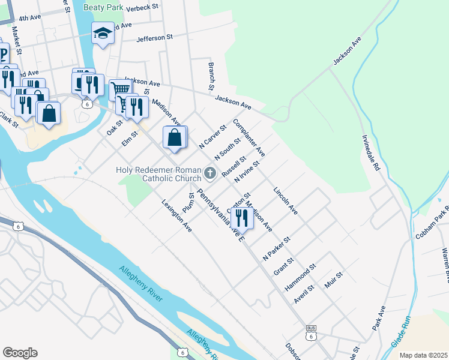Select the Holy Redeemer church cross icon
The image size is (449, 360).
[209, 173]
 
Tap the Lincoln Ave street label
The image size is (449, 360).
[285, 202]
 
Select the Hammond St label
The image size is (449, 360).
[300, 277]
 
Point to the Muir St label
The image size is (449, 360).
[333, 280]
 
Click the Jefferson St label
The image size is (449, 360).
[154, 37]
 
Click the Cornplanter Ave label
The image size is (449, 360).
[249, 137]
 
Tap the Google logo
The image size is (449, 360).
[20, 353]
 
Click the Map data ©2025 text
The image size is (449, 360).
[424, 355]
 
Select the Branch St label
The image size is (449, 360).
[212, 75]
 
